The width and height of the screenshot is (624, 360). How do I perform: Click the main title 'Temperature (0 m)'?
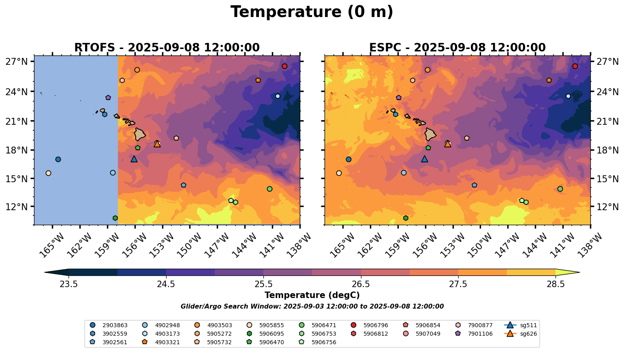[x=312, y=12]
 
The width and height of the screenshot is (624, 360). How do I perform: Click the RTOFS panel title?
[x=167, y=48]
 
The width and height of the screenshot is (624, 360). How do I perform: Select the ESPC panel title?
[x=457, y=48]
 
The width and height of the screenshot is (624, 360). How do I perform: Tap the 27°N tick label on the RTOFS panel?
[x=17, y=62]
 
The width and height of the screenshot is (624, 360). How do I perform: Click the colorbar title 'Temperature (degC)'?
[x=312, y=295]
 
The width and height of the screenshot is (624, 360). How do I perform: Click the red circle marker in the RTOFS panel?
[x=284, y=66]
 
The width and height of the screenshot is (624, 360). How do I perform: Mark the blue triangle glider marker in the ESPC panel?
[x=424, y=159]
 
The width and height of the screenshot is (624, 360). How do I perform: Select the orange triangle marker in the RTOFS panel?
[x=157, y=144]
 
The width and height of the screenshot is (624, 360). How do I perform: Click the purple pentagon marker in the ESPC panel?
[x=398, y=98]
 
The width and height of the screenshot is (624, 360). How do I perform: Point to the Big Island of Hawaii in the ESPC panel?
[x=430, y=134]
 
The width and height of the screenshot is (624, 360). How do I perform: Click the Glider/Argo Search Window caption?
[x=312, y=307]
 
